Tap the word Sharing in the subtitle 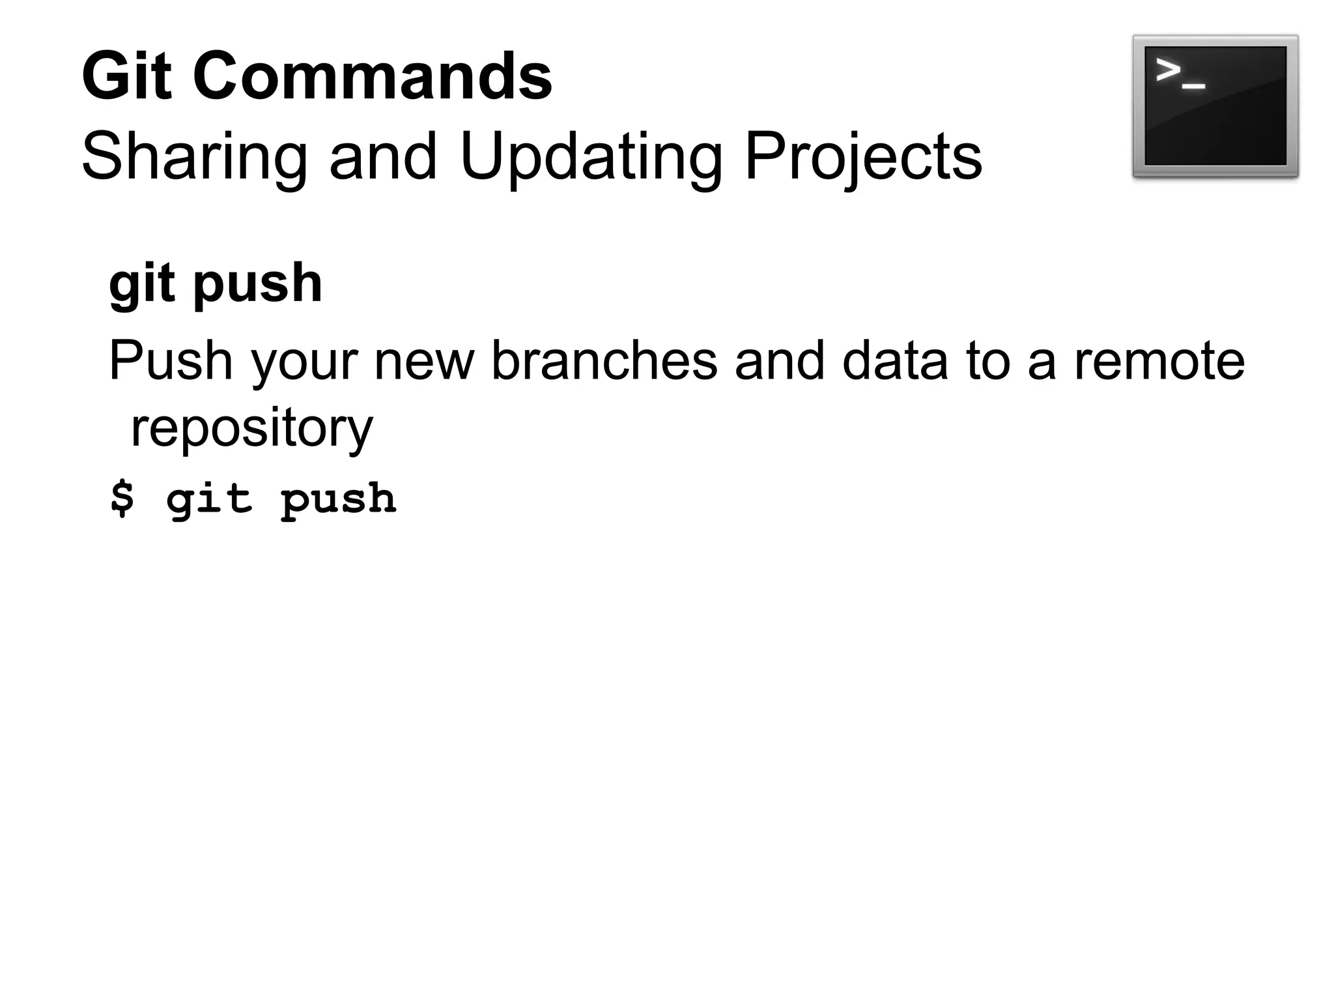pos(194,157)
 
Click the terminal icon pos(1215,106)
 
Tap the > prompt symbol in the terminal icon pos(1168,70)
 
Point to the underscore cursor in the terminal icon pos(1193,85)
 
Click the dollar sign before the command pos(122,499)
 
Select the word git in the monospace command pos(208,499)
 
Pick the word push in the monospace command pos(338,499)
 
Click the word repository pos(252,428)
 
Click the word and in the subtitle pos(383,157)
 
